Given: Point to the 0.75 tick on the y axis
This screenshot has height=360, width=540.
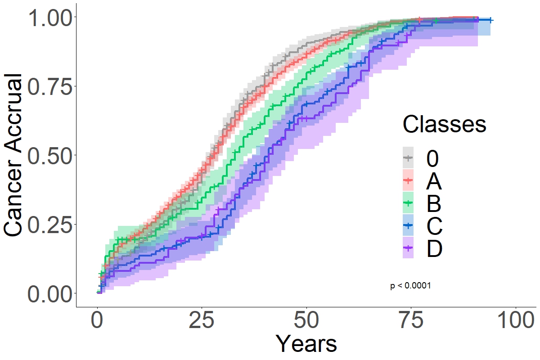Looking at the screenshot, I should [x=49, y=87].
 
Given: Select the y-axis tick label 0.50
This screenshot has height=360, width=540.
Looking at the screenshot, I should [x=49, y=156].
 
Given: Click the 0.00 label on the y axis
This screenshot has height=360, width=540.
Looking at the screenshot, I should [x=49, y=294].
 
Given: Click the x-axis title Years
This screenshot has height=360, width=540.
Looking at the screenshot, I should [x=306, y=344].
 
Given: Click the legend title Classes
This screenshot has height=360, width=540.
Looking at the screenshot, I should [x=444, y=123].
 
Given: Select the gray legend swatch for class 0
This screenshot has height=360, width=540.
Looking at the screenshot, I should [x=408, y=157].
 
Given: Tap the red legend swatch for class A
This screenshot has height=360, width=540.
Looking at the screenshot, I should [x=408, y=180].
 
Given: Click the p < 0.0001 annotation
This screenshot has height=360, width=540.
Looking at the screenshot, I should [x=411, y=286].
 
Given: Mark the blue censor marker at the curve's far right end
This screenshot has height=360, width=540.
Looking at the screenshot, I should [x=490, y=20].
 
